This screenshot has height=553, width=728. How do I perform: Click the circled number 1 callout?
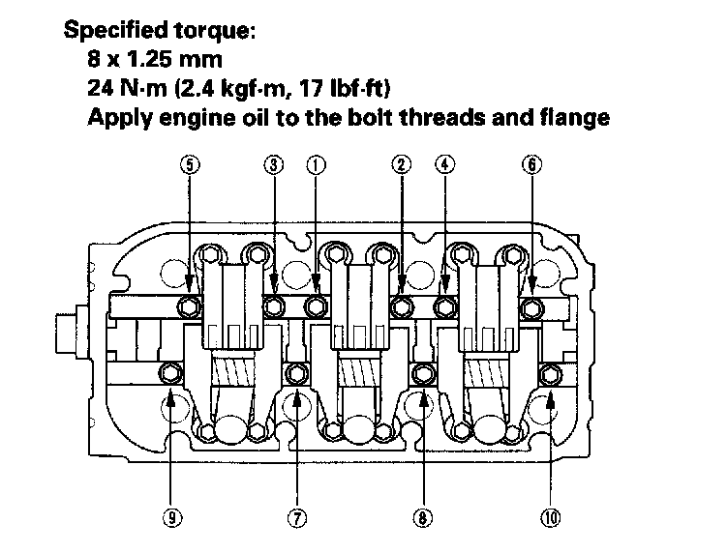coord(315,164)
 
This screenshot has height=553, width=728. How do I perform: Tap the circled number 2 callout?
coord(401,164)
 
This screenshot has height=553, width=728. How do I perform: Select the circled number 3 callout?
coord(274,164)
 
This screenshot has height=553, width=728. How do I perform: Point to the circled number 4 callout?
coord(444,164)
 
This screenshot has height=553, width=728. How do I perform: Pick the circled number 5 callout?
coord(190,164)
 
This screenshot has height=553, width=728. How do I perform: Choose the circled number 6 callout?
coord(531,164)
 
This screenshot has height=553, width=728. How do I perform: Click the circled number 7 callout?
coord(297,517)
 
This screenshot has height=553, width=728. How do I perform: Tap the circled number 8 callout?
coord(422,517)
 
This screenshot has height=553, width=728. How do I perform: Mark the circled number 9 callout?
coord(170,517)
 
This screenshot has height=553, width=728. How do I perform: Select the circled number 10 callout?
coord(550,517)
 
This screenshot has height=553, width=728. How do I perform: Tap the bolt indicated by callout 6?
coord(531,307)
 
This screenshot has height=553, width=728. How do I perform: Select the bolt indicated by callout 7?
coord(297,372)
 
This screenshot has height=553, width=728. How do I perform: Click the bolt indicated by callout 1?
coord(316,307)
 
